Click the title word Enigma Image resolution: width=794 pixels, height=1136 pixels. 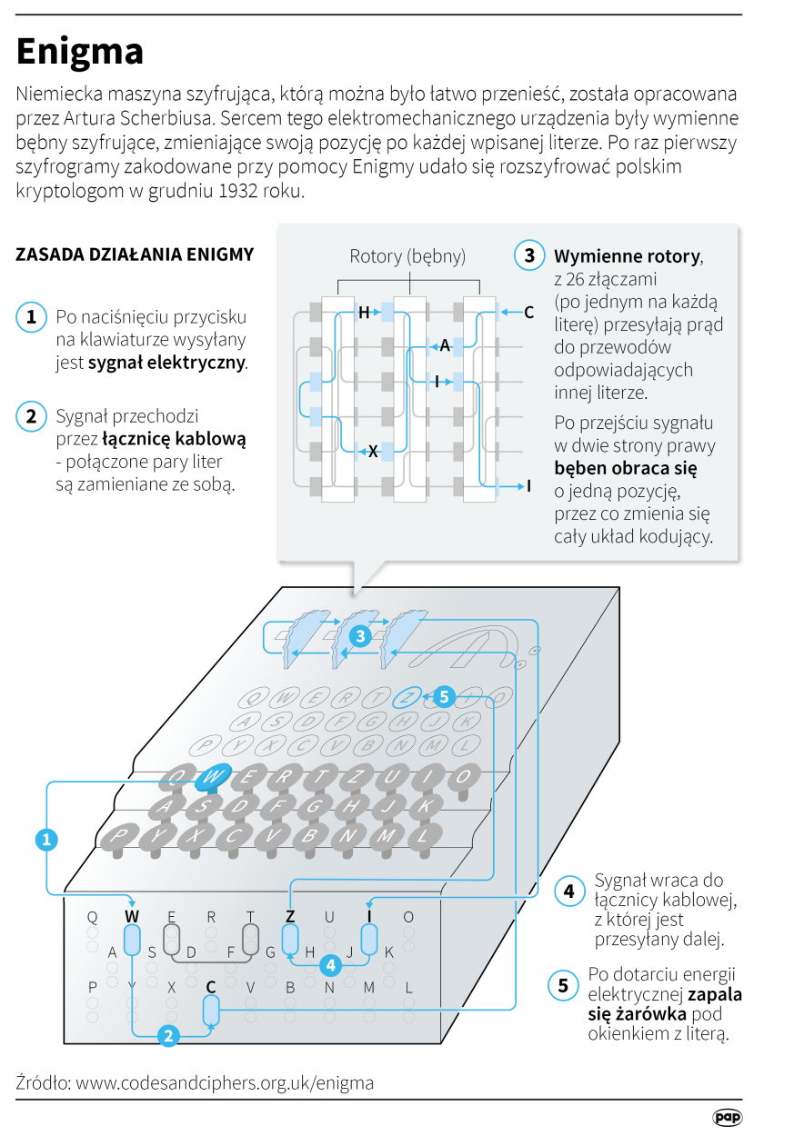(80, 51)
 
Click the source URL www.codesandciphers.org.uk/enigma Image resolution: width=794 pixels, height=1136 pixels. (225, 1082)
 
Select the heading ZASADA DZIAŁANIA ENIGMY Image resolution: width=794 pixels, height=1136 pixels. (135, 254)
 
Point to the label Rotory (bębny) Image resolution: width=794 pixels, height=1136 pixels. (407, 256)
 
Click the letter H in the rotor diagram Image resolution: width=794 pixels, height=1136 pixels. (364, 313)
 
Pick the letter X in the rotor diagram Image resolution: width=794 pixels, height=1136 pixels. (372, 450)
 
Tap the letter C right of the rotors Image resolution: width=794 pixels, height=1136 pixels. (528, 313)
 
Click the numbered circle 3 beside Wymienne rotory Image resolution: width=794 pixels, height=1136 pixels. (529, 255)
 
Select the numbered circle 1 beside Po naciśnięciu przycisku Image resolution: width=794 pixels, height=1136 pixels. (31, 316)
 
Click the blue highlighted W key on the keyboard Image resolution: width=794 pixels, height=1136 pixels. (213, 775)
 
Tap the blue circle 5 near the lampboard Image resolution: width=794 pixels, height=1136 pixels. (443, 697)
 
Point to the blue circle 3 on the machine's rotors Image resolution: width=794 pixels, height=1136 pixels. (360, 636)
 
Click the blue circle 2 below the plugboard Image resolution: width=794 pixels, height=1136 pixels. (168, 1035)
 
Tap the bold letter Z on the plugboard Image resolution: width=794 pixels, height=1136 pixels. (290, 916)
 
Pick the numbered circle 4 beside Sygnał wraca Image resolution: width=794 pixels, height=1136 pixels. (569, 892)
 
